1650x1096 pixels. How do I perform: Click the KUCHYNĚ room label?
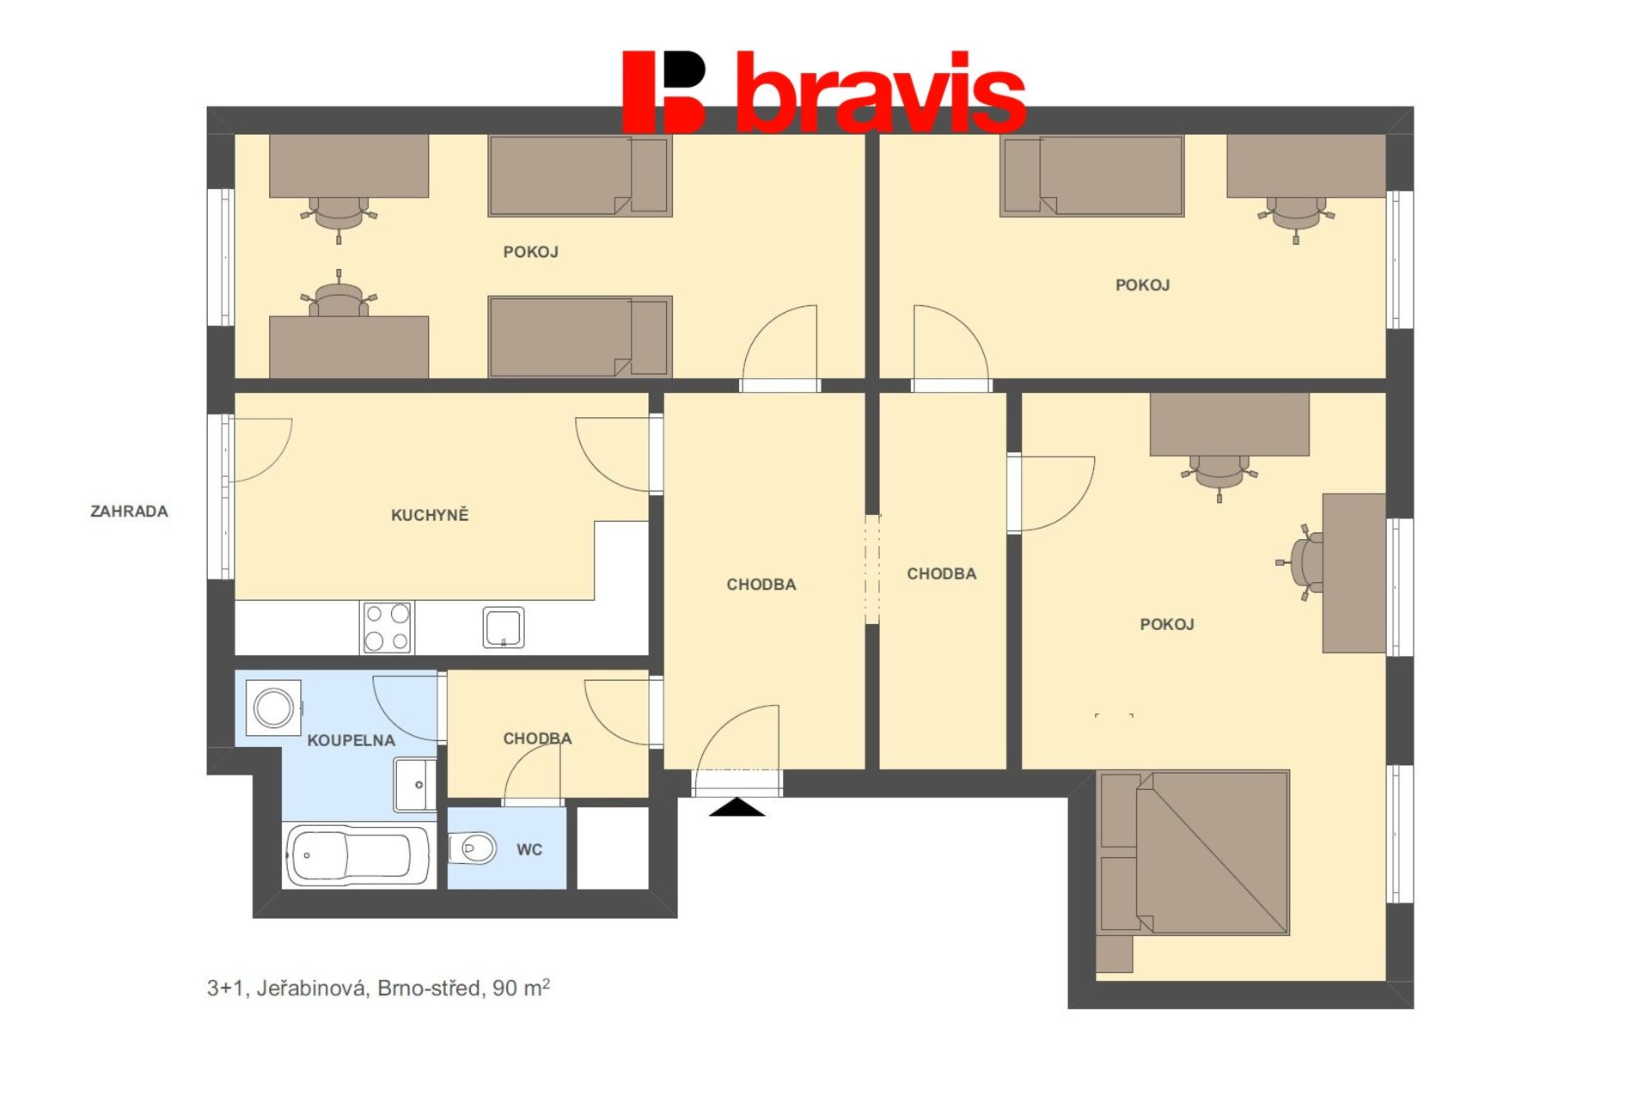coord(430,515)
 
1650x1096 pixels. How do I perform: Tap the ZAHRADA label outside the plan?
coord(129,511)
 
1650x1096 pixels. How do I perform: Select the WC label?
coord(529,850)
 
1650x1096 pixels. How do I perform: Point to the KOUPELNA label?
coord(351,740)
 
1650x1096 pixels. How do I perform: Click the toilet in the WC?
coord(473,848)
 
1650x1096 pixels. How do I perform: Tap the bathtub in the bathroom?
coord(358,855)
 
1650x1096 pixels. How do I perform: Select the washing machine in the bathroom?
coord(273,708)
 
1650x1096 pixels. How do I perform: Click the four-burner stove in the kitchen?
coord(388,628)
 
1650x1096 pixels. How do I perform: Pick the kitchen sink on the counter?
coord(504,628)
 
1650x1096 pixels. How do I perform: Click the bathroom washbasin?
coord(415,784)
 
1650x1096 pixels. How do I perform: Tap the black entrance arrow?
coord(736,807)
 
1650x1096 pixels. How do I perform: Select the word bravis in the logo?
coord(882,93)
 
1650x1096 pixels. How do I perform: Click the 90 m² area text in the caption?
coord(521,988)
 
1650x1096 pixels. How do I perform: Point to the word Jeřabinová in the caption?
coord(311,989)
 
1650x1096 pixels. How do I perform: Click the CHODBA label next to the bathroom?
coord(537,738)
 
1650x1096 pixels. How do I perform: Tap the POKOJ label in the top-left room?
coord(531,252)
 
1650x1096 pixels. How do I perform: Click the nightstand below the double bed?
coord(1115,954)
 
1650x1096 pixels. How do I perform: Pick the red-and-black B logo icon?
coord(663,92)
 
